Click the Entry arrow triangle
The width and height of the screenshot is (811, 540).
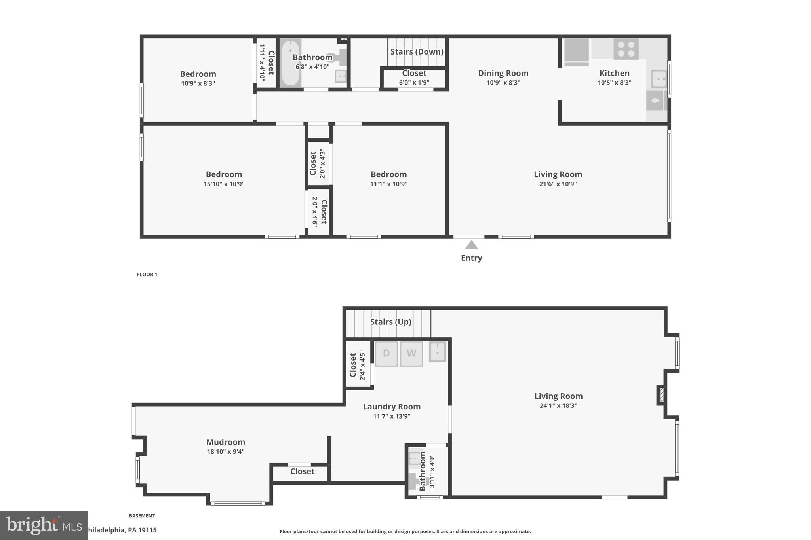click(471, 245)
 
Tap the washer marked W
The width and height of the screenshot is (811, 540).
click(411, 353)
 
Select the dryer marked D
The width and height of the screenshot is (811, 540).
click(386, 353)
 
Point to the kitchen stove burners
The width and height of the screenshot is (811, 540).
click(626, 49)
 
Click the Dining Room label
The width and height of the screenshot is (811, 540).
click(503, 73)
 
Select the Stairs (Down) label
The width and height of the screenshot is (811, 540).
click(417, 52)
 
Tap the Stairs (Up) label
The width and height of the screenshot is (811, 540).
click(390, 322)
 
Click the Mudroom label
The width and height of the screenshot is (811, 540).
click(226, 442)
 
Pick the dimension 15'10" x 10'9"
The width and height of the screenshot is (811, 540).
click(224, 184)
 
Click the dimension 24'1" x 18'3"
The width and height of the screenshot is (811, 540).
click(558, 405)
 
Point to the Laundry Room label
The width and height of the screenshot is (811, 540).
click(392, 407)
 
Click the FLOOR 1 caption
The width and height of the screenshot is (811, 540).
click(147, 275)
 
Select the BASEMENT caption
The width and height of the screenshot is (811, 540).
click(142, 516)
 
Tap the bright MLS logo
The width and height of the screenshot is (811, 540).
click(44, 525)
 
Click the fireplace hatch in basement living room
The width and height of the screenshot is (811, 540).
click(661, 395)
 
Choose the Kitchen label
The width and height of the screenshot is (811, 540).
click(614, 73)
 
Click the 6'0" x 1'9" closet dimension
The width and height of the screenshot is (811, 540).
click(414, 83)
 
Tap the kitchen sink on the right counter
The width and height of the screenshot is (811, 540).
click(659, 79)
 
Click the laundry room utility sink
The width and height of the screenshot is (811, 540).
click(438, 352)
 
